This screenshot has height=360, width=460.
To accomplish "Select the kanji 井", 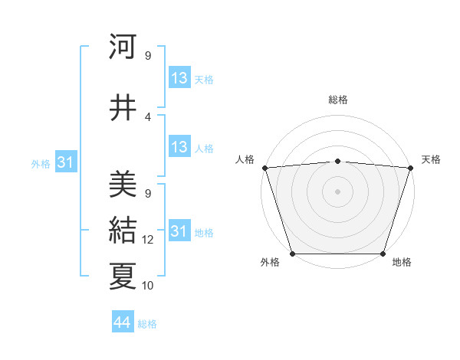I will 123,107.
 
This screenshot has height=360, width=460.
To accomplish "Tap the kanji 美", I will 123,184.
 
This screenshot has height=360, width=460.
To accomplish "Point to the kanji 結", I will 123,230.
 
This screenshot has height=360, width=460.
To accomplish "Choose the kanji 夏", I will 123,276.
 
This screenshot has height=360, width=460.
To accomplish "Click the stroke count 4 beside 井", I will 148,116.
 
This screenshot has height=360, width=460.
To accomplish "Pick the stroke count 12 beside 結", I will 148,240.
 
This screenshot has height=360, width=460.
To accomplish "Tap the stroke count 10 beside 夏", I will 148,286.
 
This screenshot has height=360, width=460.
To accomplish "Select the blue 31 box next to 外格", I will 66,162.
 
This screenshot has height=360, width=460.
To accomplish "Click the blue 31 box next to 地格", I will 179,232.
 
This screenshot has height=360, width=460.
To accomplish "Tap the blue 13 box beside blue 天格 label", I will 179,78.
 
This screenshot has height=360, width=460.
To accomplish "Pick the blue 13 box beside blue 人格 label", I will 179,148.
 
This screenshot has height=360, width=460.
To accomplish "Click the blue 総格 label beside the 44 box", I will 147,324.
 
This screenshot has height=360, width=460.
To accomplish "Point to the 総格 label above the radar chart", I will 338,100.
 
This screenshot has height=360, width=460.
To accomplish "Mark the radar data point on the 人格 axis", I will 264,168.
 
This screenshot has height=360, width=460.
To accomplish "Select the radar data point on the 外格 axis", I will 293,254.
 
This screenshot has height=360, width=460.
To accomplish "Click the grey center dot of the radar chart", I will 338,191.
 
